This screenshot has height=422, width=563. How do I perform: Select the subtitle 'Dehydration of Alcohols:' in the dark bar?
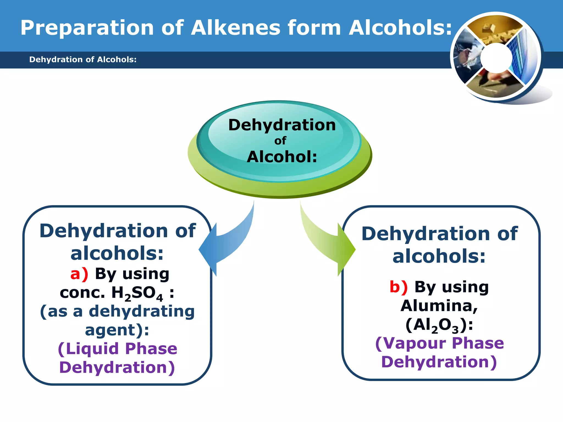83,59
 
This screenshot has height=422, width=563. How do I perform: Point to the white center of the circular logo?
496,58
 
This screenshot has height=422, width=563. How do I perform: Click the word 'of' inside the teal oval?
280,141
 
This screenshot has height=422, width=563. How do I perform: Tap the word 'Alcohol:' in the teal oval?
282,157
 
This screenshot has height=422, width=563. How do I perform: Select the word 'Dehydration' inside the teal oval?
282,125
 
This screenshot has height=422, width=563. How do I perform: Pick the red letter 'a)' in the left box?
79,274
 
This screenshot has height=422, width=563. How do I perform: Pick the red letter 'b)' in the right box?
399,287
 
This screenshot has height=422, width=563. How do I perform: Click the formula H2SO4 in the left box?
137,293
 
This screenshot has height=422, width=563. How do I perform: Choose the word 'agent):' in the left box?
117,330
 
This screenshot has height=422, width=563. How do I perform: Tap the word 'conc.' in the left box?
82,293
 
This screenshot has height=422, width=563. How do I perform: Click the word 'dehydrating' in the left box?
142,312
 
